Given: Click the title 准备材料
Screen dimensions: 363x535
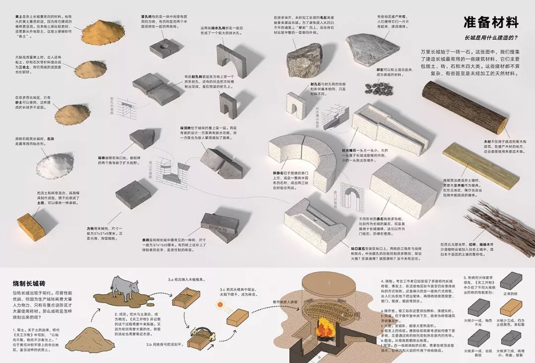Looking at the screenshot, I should [x=490, y=22].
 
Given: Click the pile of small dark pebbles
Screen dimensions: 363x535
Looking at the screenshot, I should [x=378, y=88].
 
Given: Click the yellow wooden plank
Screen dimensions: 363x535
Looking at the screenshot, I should [x=480, y=164].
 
